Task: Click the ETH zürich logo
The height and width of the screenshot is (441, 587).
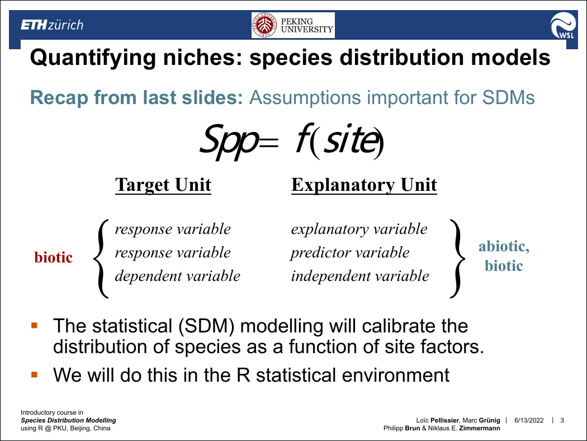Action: coord(52,25)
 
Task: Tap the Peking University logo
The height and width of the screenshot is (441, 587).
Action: coord(293,25)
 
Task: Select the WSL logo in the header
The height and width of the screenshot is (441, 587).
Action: coord(563,25)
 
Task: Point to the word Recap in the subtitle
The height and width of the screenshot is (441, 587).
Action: coord(59,98)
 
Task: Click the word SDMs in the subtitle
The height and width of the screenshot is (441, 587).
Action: coord(508,97)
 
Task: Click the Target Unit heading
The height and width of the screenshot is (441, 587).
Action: coord(163,185)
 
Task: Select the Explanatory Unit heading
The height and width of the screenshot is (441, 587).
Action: coord(364,185)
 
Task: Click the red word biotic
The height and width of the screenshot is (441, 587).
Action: coord(53,257)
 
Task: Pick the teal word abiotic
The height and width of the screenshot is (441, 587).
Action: coord(504,247)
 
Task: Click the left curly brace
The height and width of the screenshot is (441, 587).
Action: coord(101,259)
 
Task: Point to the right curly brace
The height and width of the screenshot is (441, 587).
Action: coord(458,259)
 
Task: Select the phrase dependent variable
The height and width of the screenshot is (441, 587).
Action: coord(177,276)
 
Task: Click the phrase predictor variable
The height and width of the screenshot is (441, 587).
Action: coord(350,253)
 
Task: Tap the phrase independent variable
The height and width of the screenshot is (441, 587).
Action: coord(360,276)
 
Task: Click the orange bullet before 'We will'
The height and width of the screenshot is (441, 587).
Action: coord(35,374)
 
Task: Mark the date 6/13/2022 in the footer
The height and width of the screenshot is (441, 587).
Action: coord(529,420)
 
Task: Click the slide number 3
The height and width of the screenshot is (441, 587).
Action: coord(562,420)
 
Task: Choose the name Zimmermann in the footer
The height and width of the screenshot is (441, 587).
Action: coord(480,428)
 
